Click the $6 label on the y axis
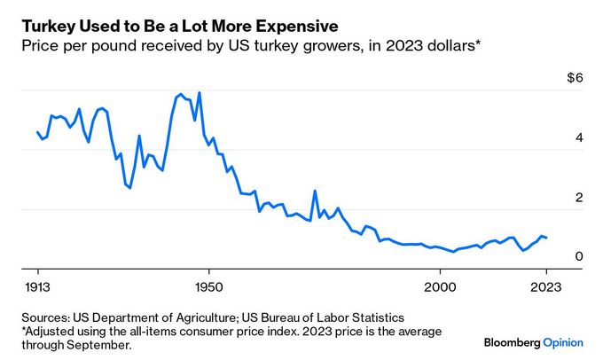coord(576,78)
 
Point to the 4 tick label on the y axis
coord(579,137)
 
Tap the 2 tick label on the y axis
coord(579,197)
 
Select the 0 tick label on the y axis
coord(579,256)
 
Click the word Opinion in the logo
coord(568,341)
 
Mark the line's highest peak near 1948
coord(199,92)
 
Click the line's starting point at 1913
coord(37,132)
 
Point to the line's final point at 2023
coord(547,238)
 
